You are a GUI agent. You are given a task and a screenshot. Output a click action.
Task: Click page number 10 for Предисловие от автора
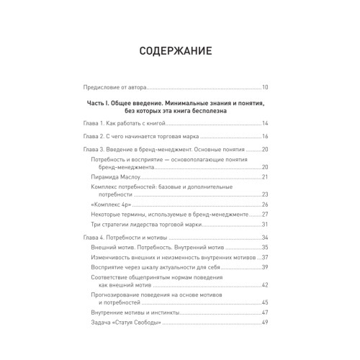tap(265, 86)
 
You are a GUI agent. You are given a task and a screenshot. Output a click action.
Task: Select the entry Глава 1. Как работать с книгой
tap(133, 123)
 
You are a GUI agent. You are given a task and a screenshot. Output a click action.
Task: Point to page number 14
tap(265, 123)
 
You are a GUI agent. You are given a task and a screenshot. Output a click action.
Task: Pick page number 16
tap(265, 136)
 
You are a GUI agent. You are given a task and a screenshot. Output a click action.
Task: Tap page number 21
tap(265, 176)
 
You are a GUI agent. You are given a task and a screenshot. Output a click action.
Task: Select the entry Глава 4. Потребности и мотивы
tap(128, 238)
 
